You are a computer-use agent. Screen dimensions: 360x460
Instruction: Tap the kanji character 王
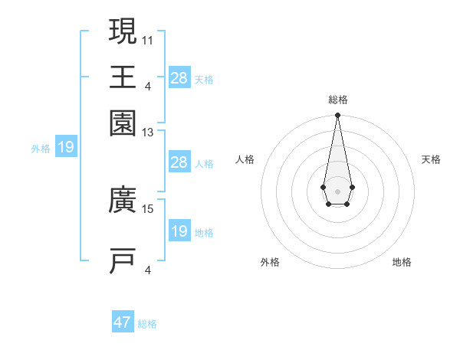(x=123, y=77)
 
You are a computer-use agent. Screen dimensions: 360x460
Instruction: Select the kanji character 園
(x=123, y=123)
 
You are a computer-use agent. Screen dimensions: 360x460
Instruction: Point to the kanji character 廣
(x=123, y=202)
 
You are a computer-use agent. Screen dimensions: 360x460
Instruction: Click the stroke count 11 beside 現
(x=149, y=38)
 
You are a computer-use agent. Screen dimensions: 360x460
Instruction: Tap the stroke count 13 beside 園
(x=149, y=133)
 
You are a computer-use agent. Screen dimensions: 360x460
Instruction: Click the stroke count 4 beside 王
(x=148, y=85)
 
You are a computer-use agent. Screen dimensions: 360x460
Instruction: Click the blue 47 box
(x=123, y=322)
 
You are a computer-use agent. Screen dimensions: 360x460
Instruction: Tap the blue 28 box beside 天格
(x=179, y=77)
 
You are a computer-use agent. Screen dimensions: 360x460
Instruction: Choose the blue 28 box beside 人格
(x=179, y=162)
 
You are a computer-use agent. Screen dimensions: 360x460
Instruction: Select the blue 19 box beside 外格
(x=66, y=147)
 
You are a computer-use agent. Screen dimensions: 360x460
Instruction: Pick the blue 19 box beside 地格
(x=179, y=231)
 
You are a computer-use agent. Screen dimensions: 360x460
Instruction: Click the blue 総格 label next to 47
(x=147, y=324)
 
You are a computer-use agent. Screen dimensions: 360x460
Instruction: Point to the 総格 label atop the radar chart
(x=338, y=100)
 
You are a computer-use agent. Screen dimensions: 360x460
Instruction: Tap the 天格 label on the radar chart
(x=431, y=159)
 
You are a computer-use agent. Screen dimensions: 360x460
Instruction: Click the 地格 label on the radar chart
(x=402, y=262)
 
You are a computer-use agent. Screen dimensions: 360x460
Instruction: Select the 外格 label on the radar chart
(x=270, y=262)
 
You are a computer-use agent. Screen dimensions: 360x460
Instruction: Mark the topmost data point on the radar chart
(x=337, y=116)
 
